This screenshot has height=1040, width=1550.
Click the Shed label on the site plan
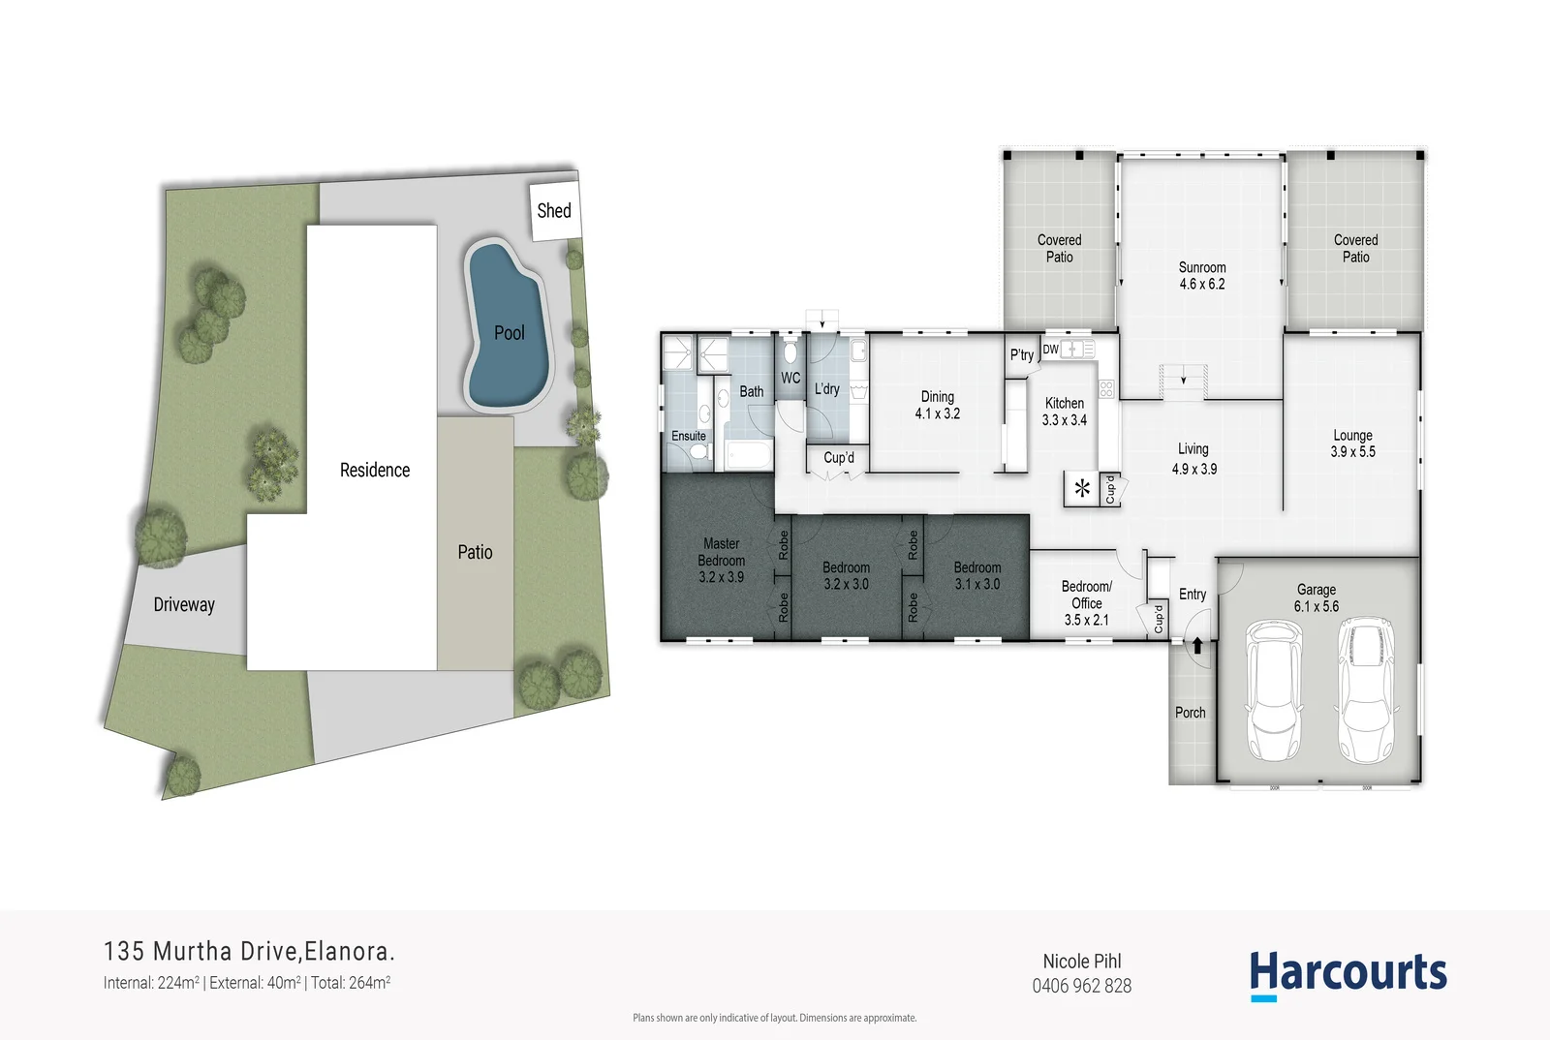pos(554,210)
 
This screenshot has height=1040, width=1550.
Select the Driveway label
pos(184,604)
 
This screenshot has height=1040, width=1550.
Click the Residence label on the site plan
pos(375,470)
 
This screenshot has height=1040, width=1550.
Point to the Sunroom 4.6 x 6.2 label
pos(1202,275)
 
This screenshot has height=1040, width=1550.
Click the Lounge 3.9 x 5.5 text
pos(1352,444)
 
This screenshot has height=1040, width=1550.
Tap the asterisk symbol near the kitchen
pos(1082,488)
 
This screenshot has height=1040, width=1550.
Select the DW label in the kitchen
pos(1050,350)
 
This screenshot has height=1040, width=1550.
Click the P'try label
pos(1021,354)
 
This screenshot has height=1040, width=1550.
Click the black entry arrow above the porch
pos(1197,646)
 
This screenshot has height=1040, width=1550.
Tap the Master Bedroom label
pos(722,560)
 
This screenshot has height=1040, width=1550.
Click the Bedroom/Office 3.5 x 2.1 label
pos(1086,602)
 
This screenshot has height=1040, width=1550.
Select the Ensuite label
pos(689,436)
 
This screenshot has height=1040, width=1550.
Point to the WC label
pos(790,378)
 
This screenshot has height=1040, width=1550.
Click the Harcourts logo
pos(1348,973)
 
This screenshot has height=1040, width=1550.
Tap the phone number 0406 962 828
pos(1081,986)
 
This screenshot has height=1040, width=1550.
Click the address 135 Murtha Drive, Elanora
pos(249,951)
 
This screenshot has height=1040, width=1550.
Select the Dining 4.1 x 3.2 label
pos(937,405)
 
